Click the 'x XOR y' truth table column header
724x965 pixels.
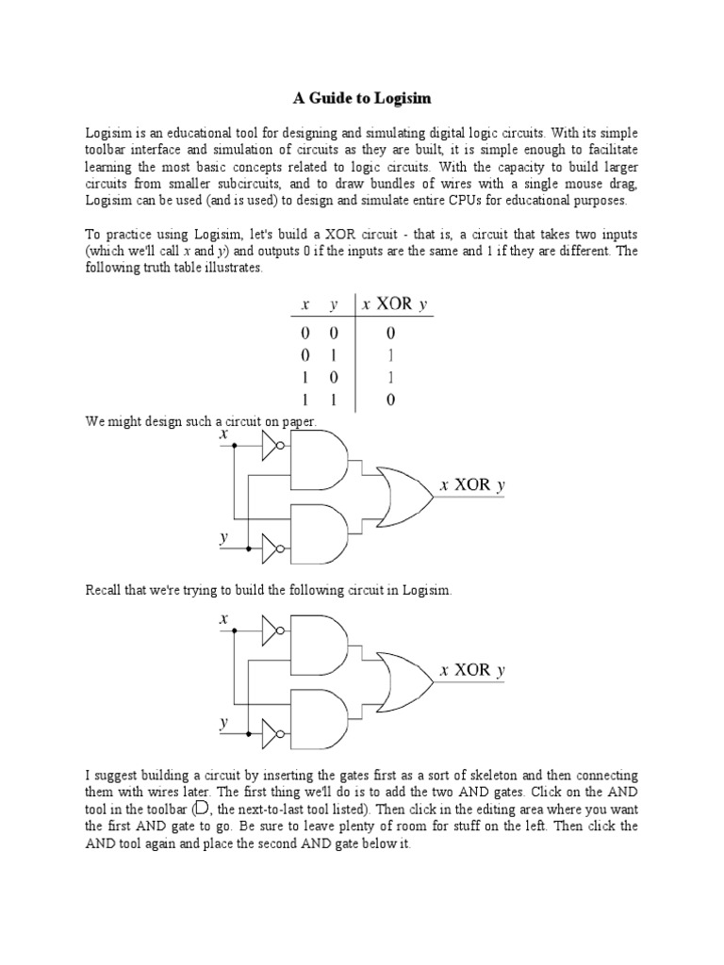pyautogui.click(x=387, y=304)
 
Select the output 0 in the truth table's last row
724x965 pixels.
pyautogui.click(x=389, y=400)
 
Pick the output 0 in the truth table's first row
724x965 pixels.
pyautogui.click(x=389, y=333)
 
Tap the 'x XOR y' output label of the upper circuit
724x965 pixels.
pyautogui.click(x=473, y=485)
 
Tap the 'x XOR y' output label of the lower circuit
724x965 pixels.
pyautogui.click(x=473, y=670)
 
